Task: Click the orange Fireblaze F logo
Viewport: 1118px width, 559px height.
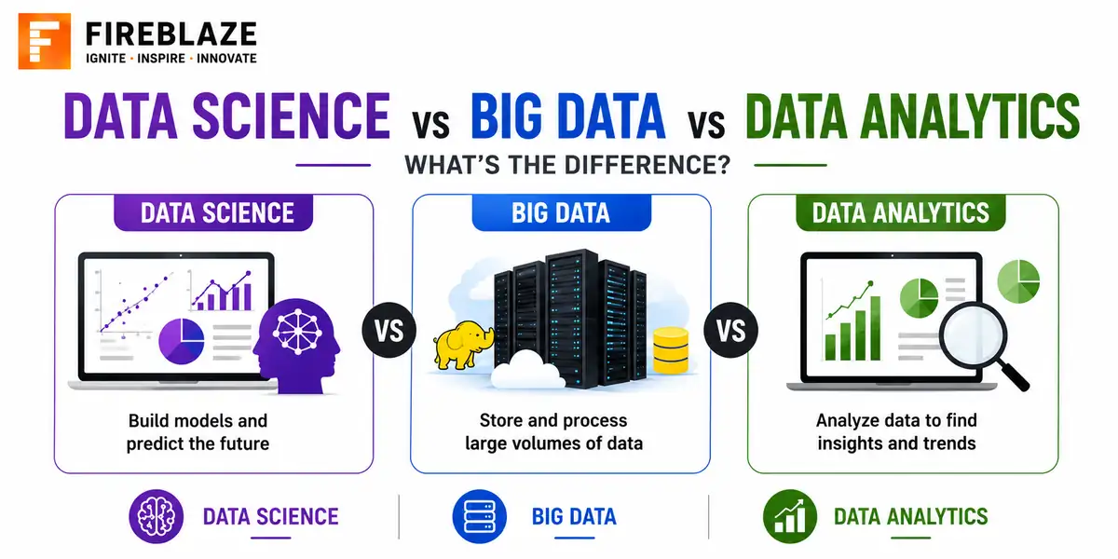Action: click(x=45, y=41)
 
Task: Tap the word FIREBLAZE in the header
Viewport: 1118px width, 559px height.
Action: click(x=171, y=34)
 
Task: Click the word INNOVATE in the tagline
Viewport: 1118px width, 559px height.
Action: click(x=226, y=59)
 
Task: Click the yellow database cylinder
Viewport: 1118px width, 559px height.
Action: click(x=671, y=350)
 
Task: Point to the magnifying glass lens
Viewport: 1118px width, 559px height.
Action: click(x=974, y=336)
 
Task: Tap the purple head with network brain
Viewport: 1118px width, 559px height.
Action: click(x=297, y=346)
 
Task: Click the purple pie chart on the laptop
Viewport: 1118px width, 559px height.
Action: click(x=181, y=341)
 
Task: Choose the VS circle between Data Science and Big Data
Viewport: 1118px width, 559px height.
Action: click(x=389, y=330)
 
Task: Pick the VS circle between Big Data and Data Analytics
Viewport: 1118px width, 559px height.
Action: click(x=731, y=330)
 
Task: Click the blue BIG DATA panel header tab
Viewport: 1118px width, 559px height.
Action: click(x=562, y=212)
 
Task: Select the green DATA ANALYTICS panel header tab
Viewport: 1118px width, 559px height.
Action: click(x=900, y=212)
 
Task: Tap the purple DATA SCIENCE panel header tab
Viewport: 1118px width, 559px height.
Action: click(x=213, y=212)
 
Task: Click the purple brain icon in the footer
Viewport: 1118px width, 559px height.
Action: click(x=157, y=516)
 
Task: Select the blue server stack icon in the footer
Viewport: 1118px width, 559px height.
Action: click(x=479, y=516)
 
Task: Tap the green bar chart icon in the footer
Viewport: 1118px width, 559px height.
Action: click(x=790, y=516)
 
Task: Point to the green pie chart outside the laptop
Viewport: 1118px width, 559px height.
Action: click(x=1018, y=281)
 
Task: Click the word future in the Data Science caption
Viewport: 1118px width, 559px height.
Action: click(x=242, y=443)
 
